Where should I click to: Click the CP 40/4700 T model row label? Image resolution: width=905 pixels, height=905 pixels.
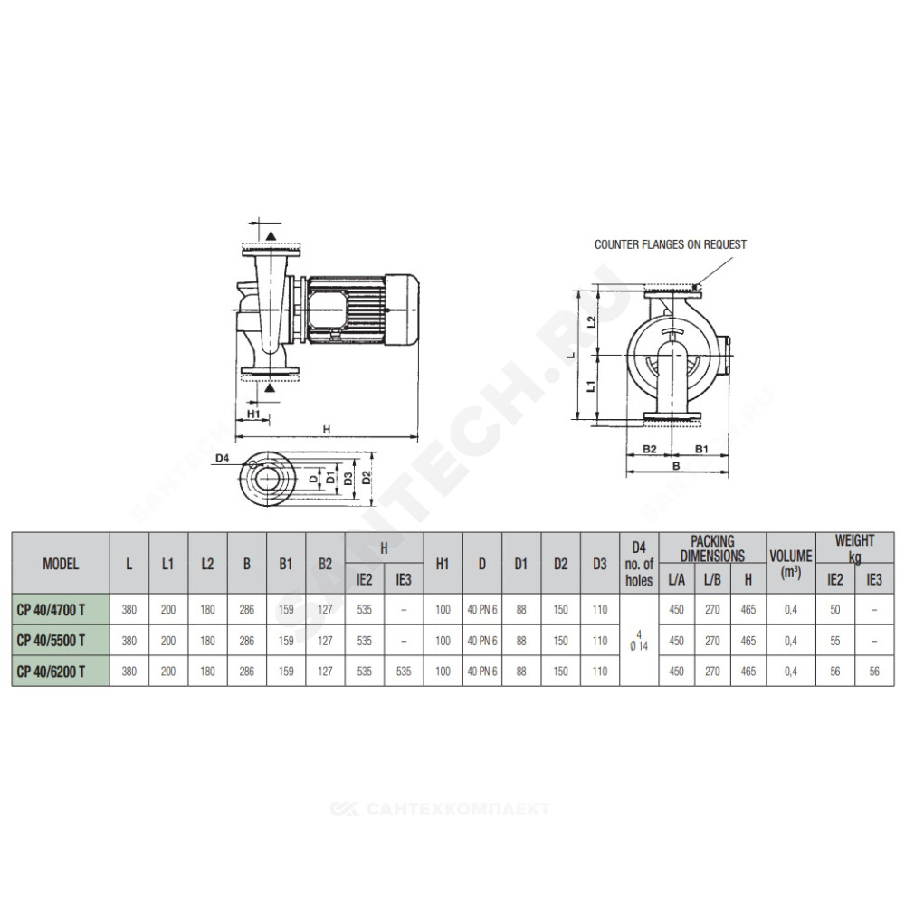click(52, 609)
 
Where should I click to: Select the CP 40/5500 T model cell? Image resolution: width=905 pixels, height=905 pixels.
click(52, 640)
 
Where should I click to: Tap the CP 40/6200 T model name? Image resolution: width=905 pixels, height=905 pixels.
click(52, 672)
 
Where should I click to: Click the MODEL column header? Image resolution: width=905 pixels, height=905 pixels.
click(61, 563)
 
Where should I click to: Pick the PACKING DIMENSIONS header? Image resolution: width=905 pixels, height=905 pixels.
click(712, 548)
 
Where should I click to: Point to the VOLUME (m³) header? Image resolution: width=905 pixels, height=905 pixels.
click(791, 563)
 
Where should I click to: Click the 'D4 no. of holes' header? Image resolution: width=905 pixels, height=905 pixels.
click(639, 563)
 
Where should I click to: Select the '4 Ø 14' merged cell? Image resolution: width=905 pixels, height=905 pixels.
click(639, 641)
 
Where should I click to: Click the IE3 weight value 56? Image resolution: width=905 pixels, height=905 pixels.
click(874, 672)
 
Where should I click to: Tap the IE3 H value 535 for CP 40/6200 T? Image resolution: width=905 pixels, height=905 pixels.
click(404, 672)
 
